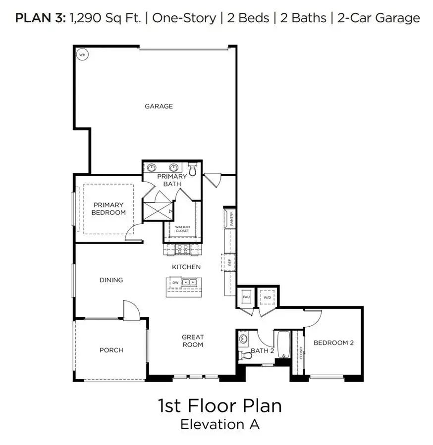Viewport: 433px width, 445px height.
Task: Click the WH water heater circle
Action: (83, 54)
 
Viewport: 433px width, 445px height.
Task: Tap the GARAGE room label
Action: (159, 106)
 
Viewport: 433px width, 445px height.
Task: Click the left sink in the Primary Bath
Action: (152, 168)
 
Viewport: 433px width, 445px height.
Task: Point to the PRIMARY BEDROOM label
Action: (108, 208)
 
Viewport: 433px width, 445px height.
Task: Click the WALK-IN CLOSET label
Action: (182, 229)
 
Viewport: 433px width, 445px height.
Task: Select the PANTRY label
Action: (231, 218)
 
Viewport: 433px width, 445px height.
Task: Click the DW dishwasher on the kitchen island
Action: (175, 283)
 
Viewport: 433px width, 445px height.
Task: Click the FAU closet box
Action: (246, 297)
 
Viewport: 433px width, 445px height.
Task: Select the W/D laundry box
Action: (268, 297)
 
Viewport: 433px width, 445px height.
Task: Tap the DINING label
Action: (111, 280)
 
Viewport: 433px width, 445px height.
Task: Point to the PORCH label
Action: (111, 350)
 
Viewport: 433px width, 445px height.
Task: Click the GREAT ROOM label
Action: (192, 341)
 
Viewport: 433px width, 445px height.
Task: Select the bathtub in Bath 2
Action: (283, 344)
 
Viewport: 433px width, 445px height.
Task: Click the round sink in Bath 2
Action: (243, 340)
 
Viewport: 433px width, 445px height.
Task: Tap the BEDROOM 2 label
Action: (333, 343)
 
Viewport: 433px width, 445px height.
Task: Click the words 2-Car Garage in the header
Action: (379, 18)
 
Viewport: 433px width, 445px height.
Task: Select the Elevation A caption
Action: (219, 424)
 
